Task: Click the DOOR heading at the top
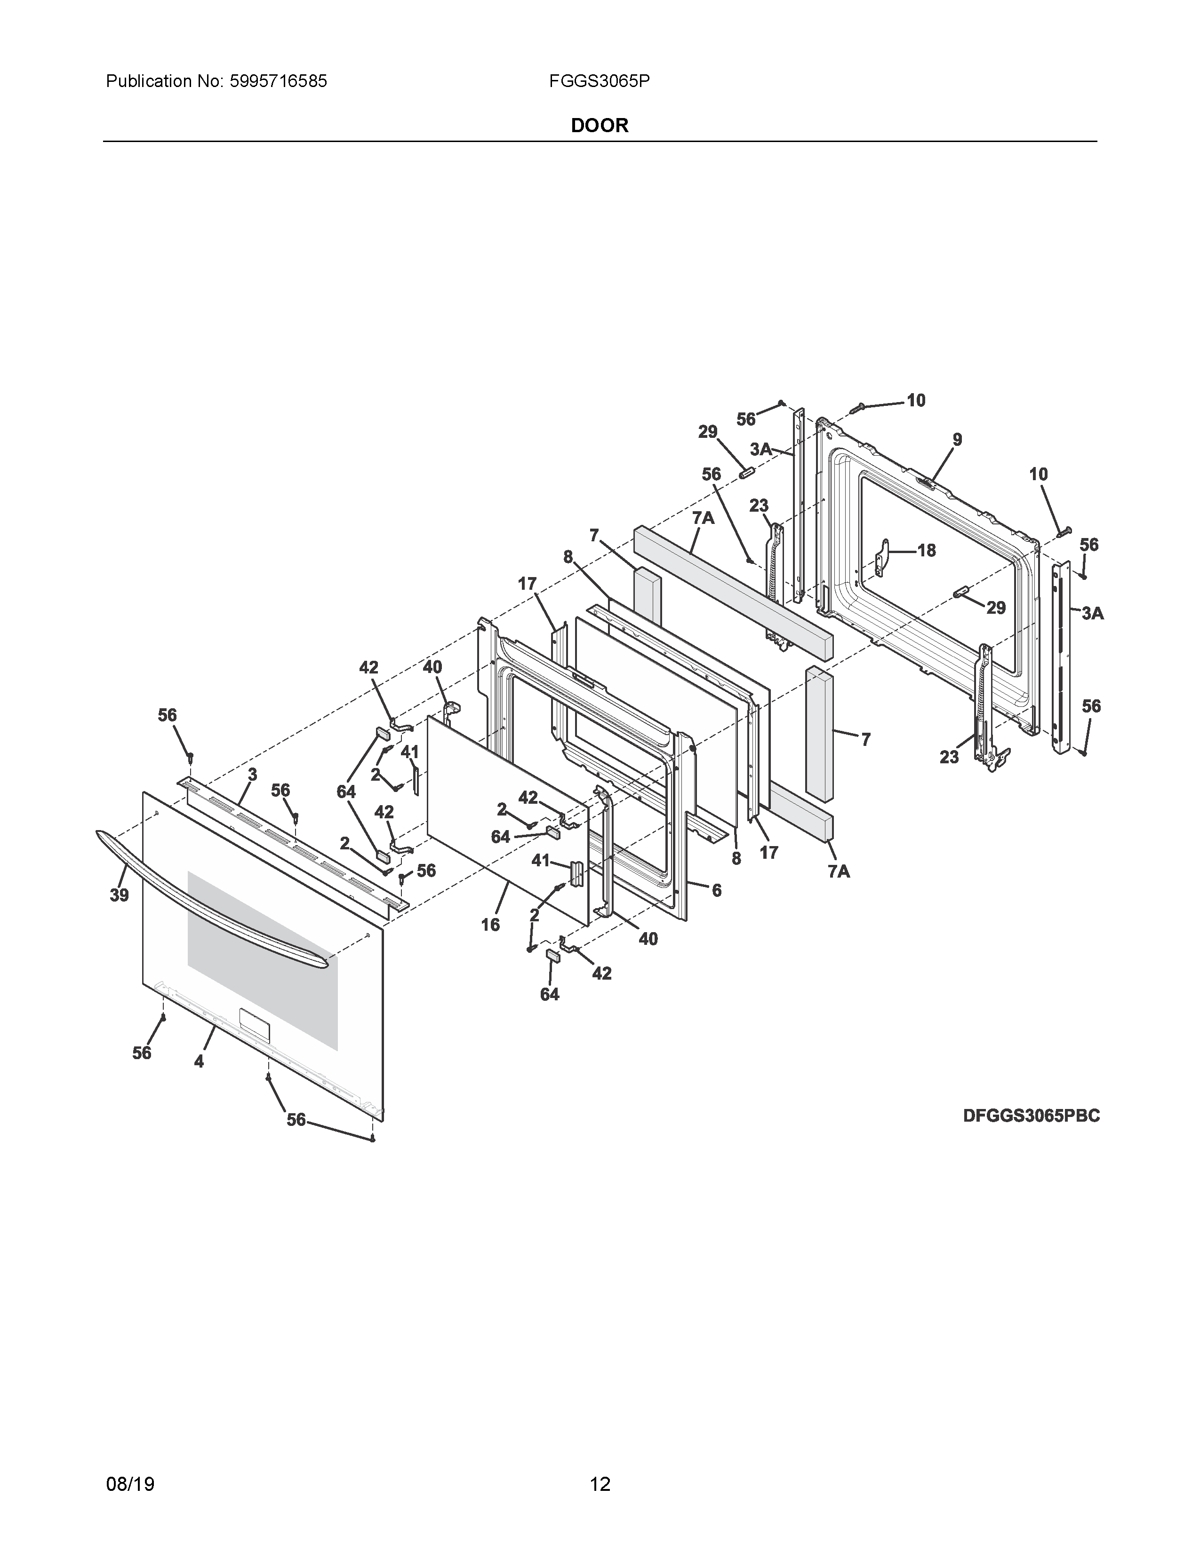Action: point(599,126)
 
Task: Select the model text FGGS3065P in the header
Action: point(599,82)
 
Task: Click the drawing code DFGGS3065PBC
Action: point(1031,1116)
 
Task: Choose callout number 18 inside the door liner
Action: point(926,550)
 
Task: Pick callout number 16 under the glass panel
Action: point(490,925)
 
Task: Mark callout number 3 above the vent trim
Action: point(252,775)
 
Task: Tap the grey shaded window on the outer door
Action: point(263,959)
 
